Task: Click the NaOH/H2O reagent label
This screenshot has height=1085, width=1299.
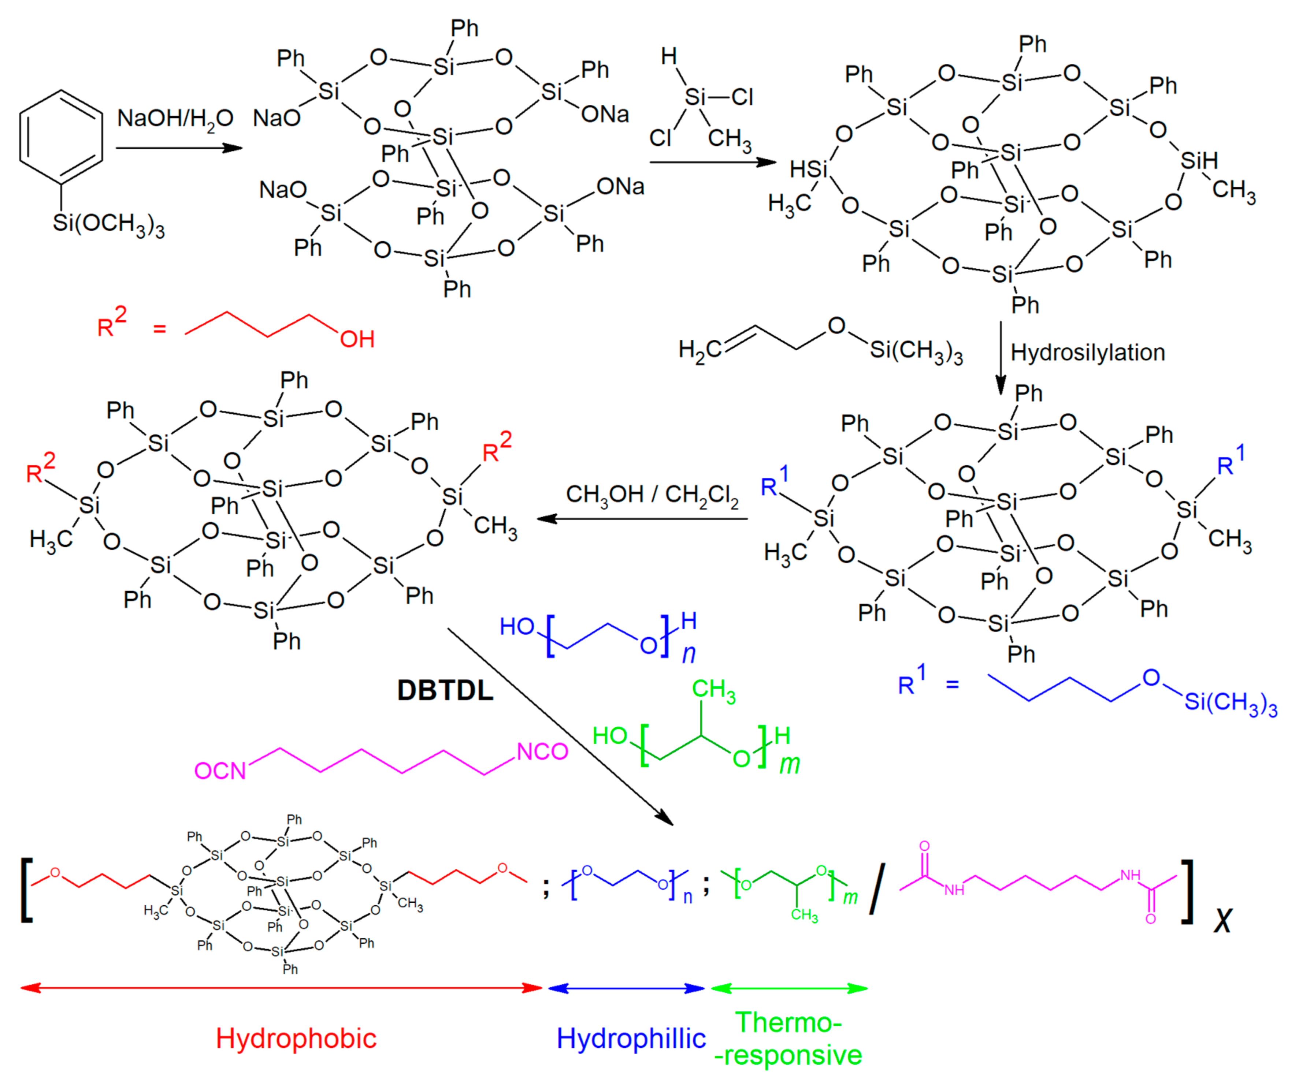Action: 175,118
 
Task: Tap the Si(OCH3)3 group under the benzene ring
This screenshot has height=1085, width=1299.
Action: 108,224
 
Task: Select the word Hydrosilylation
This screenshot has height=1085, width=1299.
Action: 1087,353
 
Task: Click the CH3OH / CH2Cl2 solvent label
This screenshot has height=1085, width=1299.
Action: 653,495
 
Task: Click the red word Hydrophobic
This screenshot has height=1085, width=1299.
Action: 296,1038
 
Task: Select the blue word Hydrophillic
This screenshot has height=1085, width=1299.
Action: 631,1038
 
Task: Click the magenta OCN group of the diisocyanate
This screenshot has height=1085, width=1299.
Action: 220,771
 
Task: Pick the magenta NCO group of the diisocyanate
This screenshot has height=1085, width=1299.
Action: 542,752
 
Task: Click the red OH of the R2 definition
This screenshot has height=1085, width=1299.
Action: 357,339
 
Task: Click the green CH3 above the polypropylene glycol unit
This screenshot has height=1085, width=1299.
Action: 713,690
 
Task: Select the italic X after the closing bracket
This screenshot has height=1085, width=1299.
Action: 1222,921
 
